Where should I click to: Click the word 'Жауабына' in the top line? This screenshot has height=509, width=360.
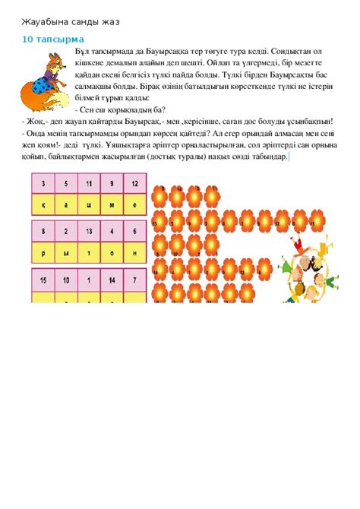pyautogui.click(x=41, y=20)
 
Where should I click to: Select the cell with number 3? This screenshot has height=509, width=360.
pyautogui.click(x=44, y=184)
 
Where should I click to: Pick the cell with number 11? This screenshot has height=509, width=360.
pyautogui.click(x=90, y=184)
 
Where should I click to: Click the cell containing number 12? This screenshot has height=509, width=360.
pyautogui.click(x=134, y=184)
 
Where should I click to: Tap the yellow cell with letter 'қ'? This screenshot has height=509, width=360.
pyautogui.click(x=44, y=204)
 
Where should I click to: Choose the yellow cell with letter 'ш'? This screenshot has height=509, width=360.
pyautogui.click(x=90, y=204)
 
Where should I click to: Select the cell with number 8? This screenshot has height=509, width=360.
pyautogui.click(x=44, y=232)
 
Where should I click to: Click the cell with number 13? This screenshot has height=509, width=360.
pyautogui.click(x=90, y=232)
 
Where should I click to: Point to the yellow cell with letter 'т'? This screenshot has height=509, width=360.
pyautogui.click(x=90, y=253)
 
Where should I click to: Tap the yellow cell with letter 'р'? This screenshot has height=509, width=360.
pyautogui.click(x=44, y=253)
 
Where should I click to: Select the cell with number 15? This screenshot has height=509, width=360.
pyautogui.click(x=44, y=280)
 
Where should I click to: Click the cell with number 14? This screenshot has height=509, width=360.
pyautogui.click(x=112, y=280)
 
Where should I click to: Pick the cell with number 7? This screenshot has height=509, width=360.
pyautogui.click(x=134, y=280)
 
